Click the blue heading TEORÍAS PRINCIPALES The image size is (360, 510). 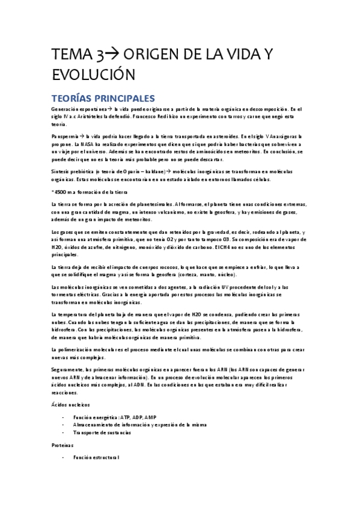(103, 99)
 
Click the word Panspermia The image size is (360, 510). (64, 137)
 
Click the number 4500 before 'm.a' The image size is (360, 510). (61, 192)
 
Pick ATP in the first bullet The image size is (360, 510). (125, 417)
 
